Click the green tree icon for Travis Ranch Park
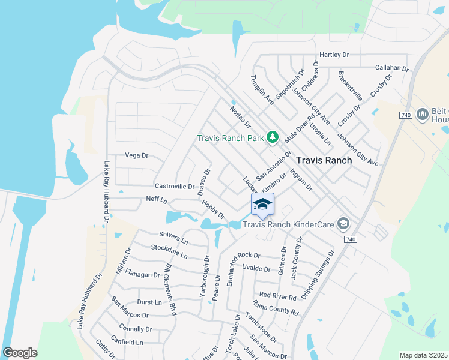[273, 137]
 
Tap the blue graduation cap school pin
[262, 205]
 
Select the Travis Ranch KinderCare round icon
[343, 224]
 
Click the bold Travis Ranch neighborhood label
[324, 160]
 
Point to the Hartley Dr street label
[334, 55]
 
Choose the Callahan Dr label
[391, 68]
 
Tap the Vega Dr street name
[136, 155]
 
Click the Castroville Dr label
[175, 186]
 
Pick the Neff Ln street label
[156, 199]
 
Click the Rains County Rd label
[276, 307]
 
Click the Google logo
[20, 353]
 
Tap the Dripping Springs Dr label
[318, 275]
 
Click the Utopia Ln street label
[320, 134]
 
